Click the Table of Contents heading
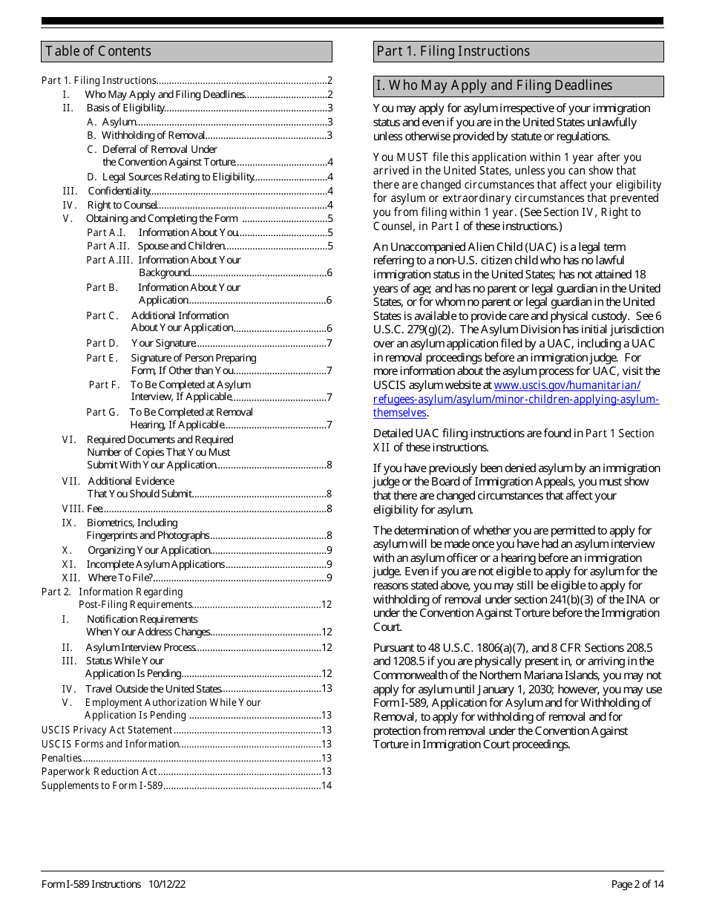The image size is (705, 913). [98, 51]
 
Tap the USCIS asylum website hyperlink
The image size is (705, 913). [516, 399]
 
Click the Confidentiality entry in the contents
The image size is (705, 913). [119, 191]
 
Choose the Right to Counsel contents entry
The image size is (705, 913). [122, 205]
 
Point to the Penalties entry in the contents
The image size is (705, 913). [62, 758]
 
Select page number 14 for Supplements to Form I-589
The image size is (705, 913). [326, 785]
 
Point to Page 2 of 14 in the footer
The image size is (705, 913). [637, 884]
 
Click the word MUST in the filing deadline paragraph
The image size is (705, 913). [411, 157]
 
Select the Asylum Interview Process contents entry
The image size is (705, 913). [141, 647]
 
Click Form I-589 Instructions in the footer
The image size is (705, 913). [91, 884]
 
